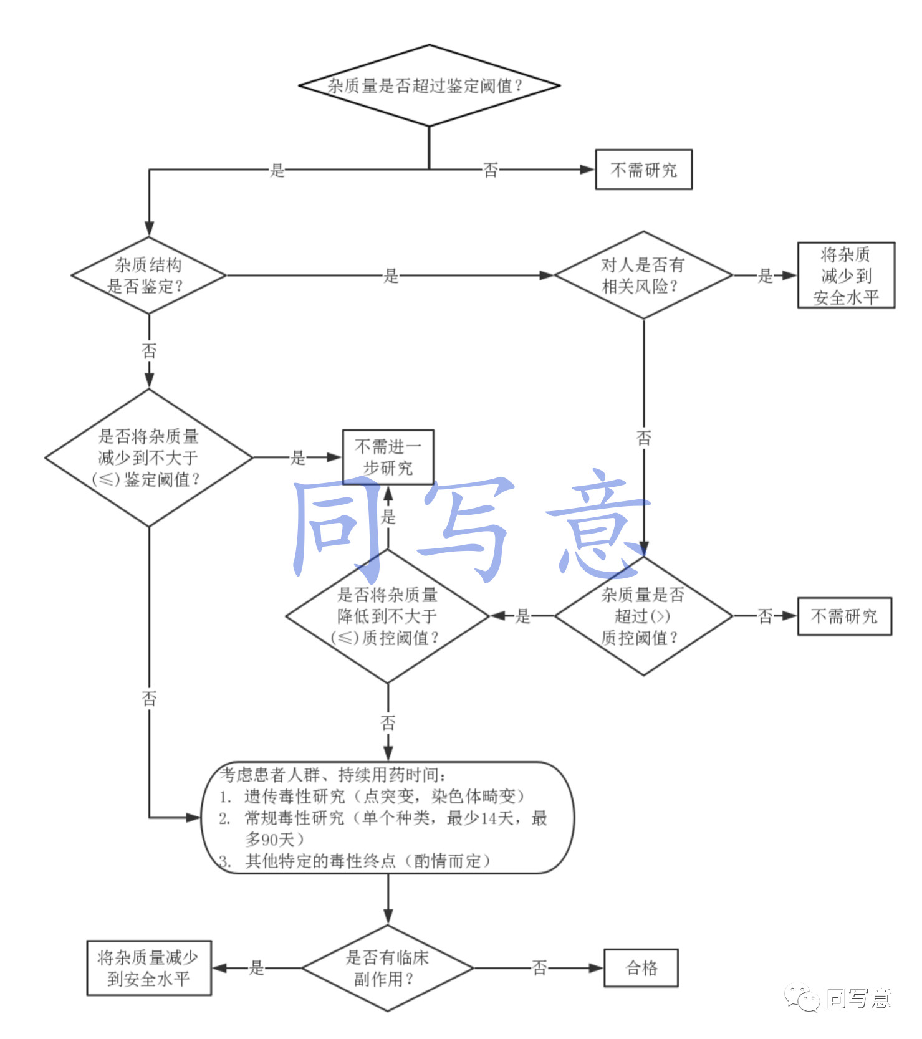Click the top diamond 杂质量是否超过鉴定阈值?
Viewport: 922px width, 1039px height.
pyautogui.click(x=429, y=85)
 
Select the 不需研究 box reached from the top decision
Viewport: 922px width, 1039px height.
pyautogui.click(x=643, y=170)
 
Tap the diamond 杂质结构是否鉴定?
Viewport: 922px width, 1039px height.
pyautogui.click(x=148, y=275)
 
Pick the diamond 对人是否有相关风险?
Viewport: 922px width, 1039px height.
pyautogui.click(x=643, y=275)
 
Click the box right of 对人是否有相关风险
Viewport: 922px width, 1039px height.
pyautogui.click(x=846, y=275)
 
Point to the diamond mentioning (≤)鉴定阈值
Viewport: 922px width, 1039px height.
pyautogui.click(x=148, y=458)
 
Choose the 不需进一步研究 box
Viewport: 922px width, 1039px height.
pyautogui.click(x=388, y=457)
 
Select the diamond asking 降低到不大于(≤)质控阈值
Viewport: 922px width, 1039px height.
pyautogui.click(x=387, y=616)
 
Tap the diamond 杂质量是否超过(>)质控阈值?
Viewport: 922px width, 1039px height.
pyautogui.click(x=643, y=616)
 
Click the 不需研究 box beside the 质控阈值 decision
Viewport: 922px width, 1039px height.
pyautogui.click(x=844, y=616)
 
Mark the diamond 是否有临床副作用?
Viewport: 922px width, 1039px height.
pyautogui.click(x=387, y=968)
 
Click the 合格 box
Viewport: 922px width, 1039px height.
pyautogui.click(x=641, y=968)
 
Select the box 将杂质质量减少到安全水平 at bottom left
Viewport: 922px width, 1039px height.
pyautogui.click(x=148, y=968)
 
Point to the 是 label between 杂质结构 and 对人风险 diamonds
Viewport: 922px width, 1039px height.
pyautogui.click(x=391, y=275)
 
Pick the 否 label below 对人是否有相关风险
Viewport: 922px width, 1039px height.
pyautogui.click(x=643, y=438)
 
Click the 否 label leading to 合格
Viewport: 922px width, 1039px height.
pyautogui.click(x=539, y=968)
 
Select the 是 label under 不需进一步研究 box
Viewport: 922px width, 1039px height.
pyautogui.click(x=388, y=516)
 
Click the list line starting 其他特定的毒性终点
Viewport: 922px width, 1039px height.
pyautogui.click(x=368, y=861)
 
